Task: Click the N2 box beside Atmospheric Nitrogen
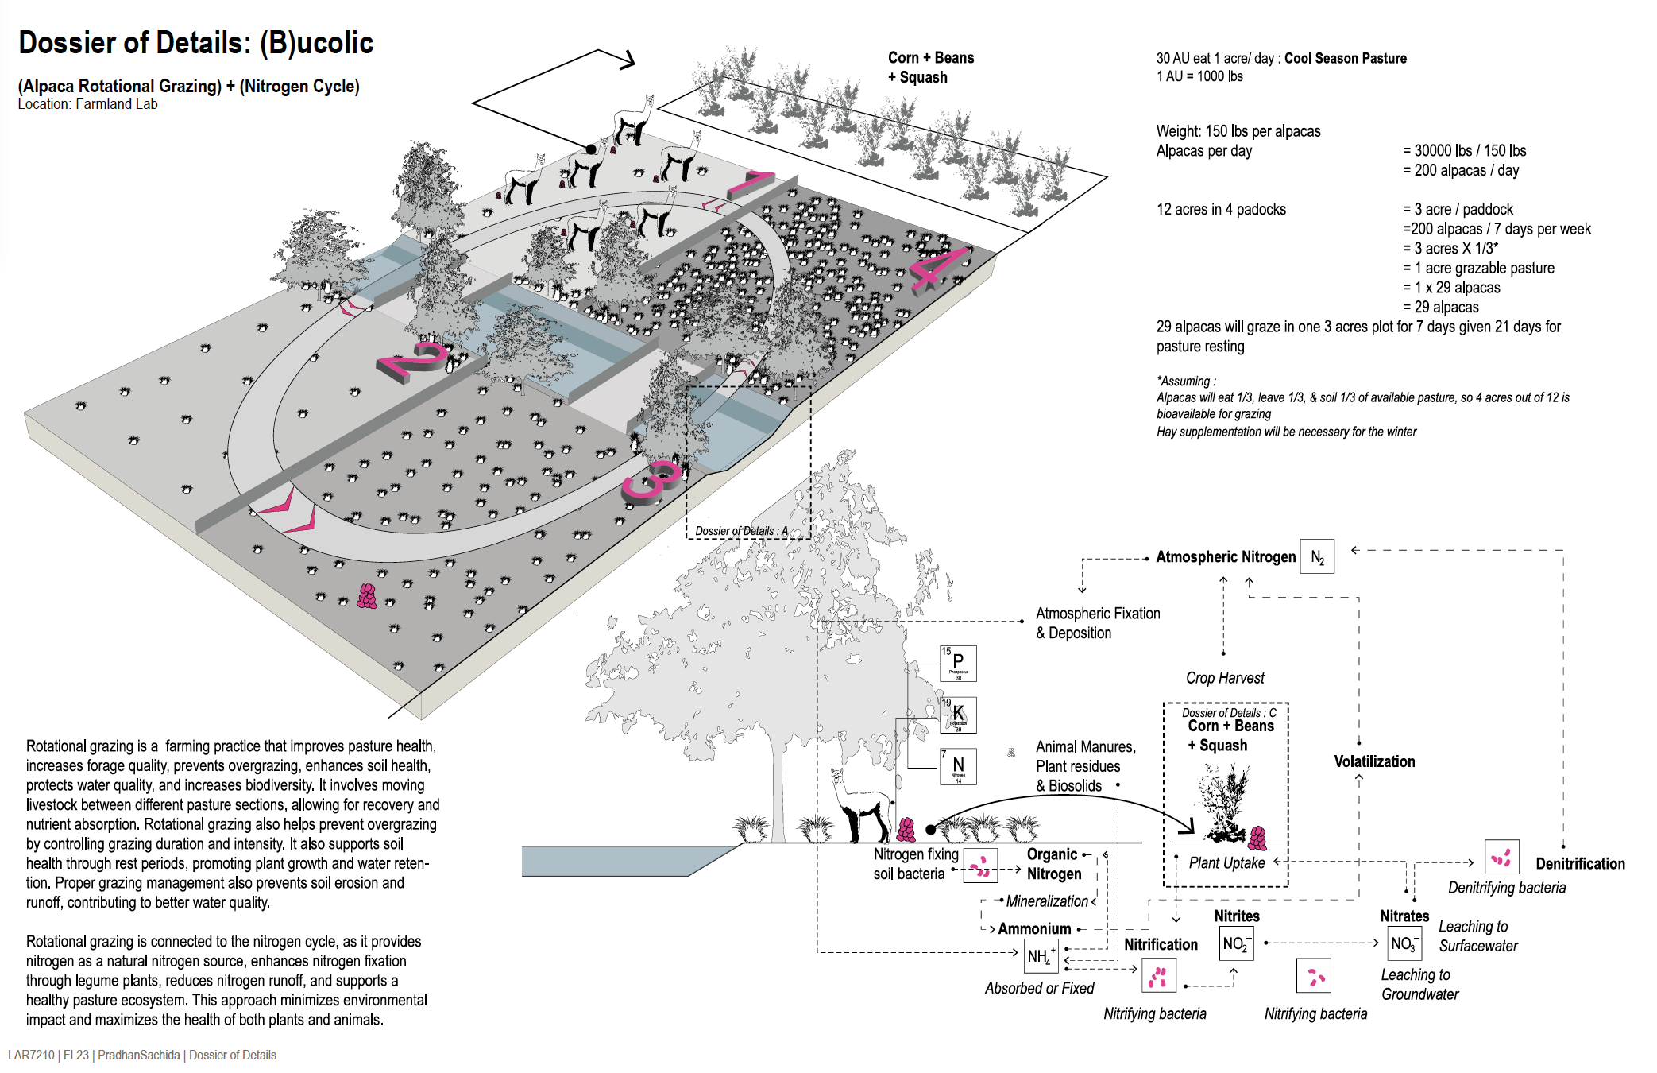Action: pyautogui.click(x=1316, y=557)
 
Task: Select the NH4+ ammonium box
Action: pyautogui.click(x=1040, y=956)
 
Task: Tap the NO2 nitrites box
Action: pyautogui.click(x=1236, y=943)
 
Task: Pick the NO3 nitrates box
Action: pyautogui.click(x=1403, y=943)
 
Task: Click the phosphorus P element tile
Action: pyautogui.click(x=958, y=664)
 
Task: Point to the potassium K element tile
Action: pyautogui.click(x=958, y=715)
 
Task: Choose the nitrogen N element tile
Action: pyautogui.click(x=958, y=766)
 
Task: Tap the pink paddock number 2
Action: pyautogui.click(x=414, y=362)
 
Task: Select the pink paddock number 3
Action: pyautogui.click(x=651, y=482)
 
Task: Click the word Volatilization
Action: pyautogui.click(x=1374, y=761)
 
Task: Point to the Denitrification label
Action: pyautogui.click(x=1579, y=864)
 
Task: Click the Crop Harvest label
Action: pyautogui.click(x=1225, y=678)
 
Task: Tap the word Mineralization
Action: pyautogui.click(x=1046, y=901)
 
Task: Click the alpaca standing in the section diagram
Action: pyautogui.click(x=860, y=807)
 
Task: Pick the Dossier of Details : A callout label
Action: pyautogui.click(x=741, y=531)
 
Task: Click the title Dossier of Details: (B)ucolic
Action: pyautogui.click(x=195, y=43)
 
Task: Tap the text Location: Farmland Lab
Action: pyautogui.click(x=87, y=104)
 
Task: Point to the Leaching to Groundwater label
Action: pyautogui.click(x=1419, y=985)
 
